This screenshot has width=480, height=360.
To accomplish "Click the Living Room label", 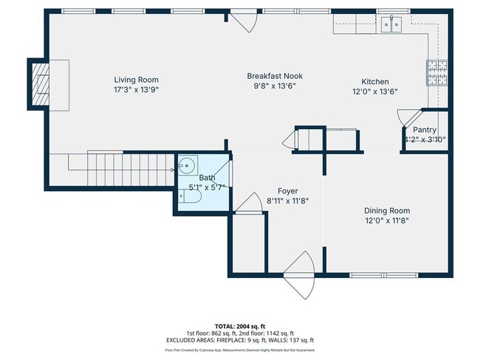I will (x=136, y=80).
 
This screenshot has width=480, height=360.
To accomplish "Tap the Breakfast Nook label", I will (x=275, y=76).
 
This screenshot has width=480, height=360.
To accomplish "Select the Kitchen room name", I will (x=374, y=82).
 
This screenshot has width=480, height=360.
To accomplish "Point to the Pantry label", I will (x=425, y=130).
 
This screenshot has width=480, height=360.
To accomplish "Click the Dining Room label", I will (x=387, y=210).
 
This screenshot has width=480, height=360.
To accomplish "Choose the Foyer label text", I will (x=287, y=190).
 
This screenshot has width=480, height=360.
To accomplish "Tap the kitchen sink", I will (x=391, y=24).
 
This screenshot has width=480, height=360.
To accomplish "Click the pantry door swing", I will (x=407, y=119).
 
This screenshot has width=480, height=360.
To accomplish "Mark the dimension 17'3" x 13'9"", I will (x=136, y=89).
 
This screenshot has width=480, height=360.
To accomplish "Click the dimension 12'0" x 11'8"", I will (x=387, y=220).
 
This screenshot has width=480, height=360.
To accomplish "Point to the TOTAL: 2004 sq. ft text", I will (x=239, y=325).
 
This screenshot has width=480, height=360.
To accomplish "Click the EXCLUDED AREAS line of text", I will (x=239, y=340).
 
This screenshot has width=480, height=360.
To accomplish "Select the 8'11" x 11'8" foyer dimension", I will (x=287, y=200).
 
